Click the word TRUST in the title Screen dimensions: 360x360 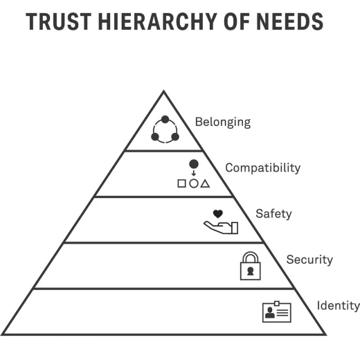pos(59,21)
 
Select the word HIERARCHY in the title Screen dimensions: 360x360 pos(158,21)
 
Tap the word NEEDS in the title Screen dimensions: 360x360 pos(289,21)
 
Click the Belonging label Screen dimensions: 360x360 pos(223,122)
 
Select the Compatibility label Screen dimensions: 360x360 pos(263,168)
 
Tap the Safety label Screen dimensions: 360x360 pos(273,214)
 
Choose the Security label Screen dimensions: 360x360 pos(309,260)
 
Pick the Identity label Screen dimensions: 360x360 pos(339,305)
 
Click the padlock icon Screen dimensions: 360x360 pos(251,266)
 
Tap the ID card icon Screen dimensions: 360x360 pos(277,312)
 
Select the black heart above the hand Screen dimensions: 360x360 pos(218,214)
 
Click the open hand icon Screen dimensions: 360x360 pos(221,228)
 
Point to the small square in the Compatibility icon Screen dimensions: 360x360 pos(181,183)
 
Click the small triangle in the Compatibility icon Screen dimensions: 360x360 pos(205,183)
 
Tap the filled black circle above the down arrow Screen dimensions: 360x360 pos(194,164)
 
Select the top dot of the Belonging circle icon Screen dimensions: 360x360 pos(165,120)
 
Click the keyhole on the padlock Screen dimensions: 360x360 pos(251,271)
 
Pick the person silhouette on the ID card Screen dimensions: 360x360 pos(269,313)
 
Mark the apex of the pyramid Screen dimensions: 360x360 pos(163,91)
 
